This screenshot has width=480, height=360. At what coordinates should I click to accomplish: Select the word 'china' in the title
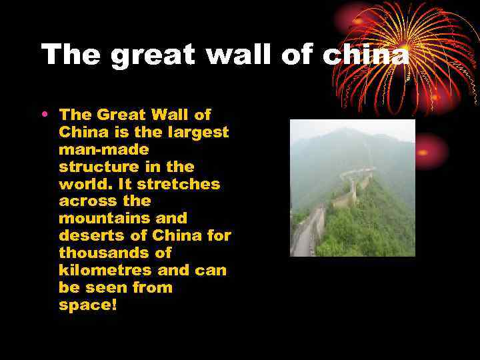point(365,55)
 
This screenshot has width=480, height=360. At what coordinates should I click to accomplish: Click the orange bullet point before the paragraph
point(44,114)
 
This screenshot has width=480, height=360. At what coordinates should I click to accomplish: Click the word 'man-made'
point(103,149)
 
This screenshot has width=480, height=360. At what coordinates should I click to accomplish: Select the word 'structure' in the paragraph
point(99,167)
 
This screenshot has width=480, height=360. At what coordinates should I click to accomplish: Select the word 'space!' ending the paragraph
point(87,305)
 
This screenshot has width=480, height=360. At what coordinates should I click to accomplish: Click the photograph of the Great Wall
point(352,187)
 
